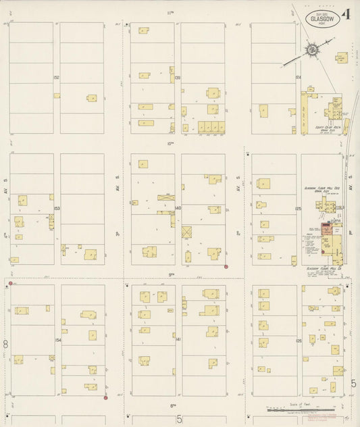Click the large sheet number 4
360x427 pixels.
pyautogui.click(x=346, y=14)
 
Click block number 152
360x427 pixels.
pyautogui.click(x=57, y=78)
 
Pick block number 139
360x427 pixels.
pyautogui.click(x=178, y=78)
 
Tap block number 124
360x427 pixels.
pyautogui.click(x=298, y=78)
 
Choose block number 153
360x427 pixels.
pyautogui.click(x=57, y=209)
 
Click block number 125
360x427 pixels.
pyautogui.click(x=298, y=209)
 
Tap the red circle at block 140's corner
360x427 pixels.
pyautogui.click(x=226, y=266)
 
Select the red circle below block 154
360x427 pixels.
pyautogui.click(x=106, y=397)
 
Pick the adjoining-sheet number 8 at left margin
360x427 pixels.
pyautogui.click(x=5, y=344)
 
